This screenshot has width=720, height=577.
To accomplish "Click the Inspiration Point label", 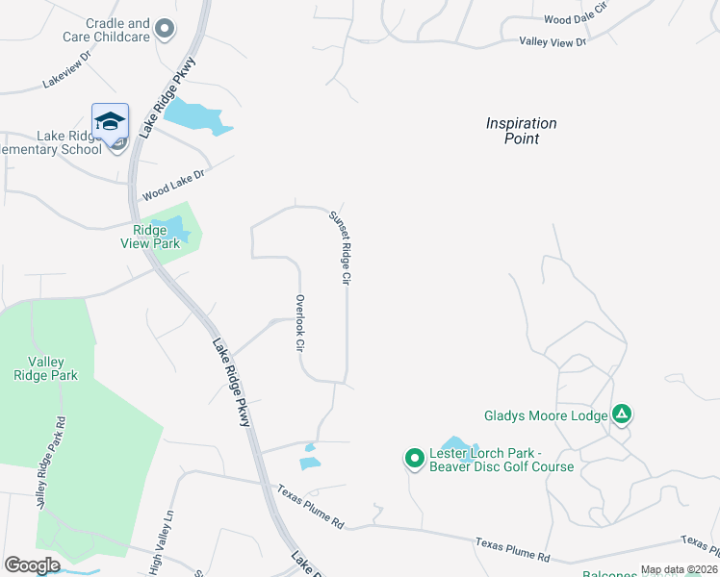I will (521, 131).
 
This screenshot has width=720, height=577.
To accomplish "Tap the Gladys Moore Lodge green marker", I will (622, 414).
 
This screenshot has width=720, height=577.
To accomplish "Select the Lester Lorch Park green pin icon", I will (414, 459).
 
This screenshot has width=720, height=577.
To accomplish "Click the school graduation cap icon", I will (110, 121).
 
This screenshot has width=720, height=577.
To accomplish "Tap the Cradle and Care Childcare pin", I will (167, 29).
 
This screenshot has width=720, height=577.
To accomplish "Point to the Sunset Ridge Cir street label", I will (340, 247).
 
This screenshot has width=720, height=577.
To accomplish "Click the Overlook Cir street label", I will (299, 322).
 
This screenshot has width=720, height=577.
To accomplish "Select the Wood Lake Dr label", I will (174, 184).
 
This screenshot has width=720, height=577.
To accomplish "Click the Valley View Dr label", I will (553, 41).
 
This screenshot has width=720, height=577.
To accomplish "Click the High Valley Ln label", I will (161, 544).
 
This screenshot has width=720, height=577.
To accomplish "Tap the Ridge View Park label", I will (156, 237).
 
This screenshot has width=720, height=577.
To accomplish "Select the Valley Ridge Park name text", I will (52, 368).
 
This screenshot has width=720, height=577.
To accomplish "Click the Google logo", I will (32, 565).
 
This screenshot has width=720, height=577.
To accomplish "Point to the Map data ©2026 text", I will (676, 569).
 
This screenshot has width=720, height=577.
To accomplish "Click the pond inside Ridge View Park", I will (173, 227).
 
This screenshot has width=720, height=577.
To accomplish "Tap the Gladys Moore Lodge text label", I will (545, 415).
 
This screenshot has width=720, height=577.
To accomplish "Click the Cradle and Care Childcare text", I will (117, 30).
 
